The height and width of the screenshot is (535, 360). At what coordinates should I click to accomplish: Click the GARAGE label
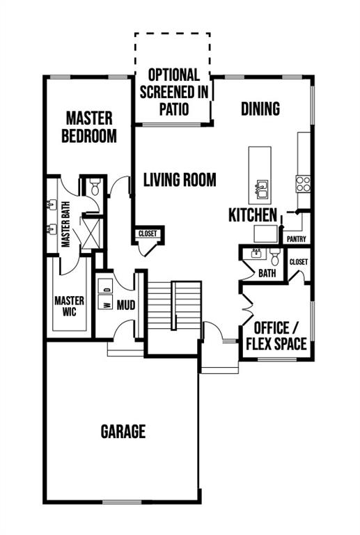[123, 431]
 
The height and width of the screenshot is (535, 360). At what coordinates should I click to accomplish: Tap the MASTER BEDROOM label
[89, 127]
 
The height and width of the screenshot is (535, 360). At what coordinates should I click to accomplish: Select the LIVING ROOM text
[180, 180]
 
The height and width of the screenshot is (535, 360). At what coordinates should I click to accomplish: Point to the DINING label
[260, 109]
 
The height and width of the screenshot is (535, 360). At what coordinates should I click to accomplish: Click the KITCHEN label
[253, 215]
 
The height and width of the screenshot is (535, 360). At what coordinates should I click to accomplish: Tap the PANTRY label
[296, 239]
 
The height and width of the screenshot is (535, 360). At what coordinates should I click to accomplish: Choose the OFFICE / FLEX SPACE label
[276, 336]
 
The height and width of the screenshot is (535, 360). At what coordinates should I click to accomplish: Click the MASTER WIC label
[69, 306]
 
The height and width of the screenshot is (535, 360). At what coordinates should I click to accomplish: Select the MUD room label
[126, 305]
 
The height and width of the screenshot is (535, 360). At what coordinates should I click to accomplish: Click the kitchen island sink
[261, 189]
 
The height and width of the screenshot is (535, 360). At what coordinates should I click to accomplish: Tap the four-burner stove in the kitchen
[303, 184]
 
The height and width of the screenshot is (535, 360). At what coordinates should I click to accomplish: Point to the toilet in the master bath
[95, 187]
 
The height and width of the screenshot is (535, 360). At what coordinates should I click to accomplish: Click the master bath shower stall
[91, 234]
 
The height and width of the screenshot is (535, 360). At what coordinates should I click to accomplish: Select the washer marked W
[105, 302]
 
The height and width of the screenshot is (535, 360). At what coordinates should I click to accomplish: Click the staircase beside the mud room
[174, 305]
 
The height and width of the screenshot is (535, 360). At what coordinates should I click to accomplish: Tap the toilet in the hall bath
[274, 256]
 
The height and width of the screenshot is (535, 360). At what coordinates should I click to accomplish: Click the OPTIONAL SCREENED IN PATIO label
[174, 92]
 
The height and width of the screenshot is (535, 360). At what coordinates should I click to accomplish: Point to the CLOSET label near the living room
[148, 234]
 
